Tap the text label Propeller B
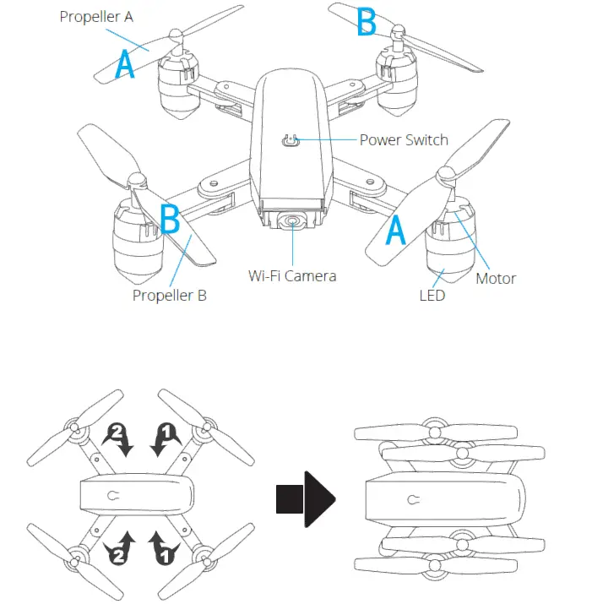169,296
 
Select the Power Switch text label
404,139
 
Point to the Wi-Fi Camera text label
291,275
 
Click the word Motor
496,278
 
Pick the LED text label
432,296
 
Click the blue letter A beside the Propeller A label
125,64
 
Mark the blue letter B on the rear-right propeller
367,23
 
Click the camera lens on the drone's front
292,221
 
